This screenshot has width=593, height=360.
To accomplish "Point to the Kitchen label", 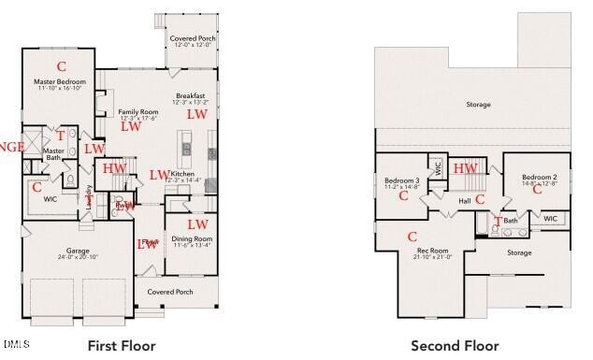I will point(182,174).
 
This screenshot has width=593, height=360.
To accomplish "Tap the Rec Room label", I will point(432,251).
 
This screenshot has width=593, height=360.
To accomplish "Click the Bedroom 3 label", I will point(401,180).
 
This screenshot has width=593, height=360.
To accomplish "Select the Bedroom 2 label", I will point(540,177).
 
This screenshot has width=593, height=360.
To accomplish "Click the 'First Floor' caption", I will point(122,346).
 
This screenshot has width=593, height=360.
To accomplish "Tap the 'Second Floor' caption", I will point(455,346).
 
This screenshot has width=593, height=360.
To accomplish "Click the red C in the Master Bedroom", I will point(63,65).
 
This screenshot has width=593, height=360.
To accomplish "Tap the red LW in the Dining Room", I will point(197,224).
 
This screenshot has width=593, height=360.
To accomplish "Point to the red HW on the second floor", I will point(465,168).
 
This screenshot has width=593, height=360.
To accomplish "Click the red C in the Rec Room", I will point(412,237).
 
